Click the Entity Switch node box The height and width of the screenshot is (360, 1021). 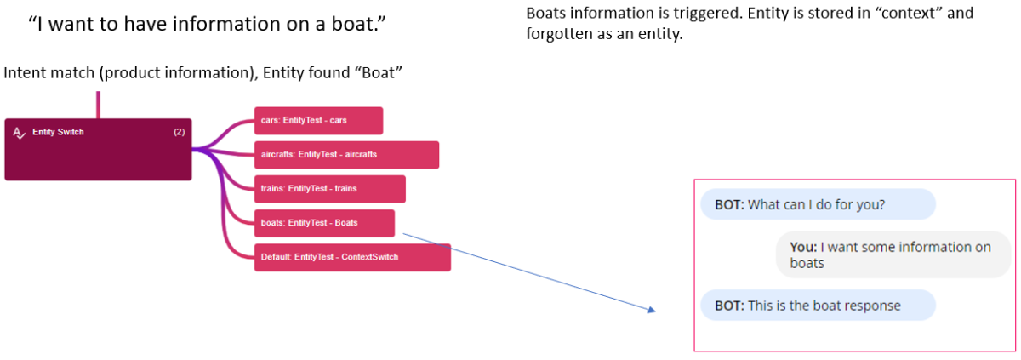pos(98,150)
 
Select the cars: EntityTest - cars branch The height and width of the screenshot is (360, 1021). pos(318,120)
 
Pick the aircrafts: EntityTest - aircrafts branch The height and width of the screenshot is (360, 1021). pos(346,155)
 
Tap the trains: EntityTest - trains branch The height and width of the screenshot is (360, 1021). pos(329,189)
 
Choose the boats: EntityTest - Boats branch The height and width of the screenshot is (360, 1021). pos(324,223)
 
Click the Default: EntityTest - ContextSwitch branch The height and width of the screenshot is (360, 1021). pos(352,257)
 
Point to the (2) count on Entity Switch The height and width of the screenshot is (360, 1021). pos(179,132)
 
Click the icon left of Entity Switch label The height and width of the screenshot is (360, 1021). pos(20,133)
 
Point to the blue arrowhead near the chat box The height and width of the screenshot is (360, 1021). pos(652,311)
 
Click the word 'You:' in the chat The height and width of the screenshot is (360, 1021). pos(803,247)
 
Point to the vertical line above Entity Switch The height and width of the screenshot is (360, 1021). pos(98,105)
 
